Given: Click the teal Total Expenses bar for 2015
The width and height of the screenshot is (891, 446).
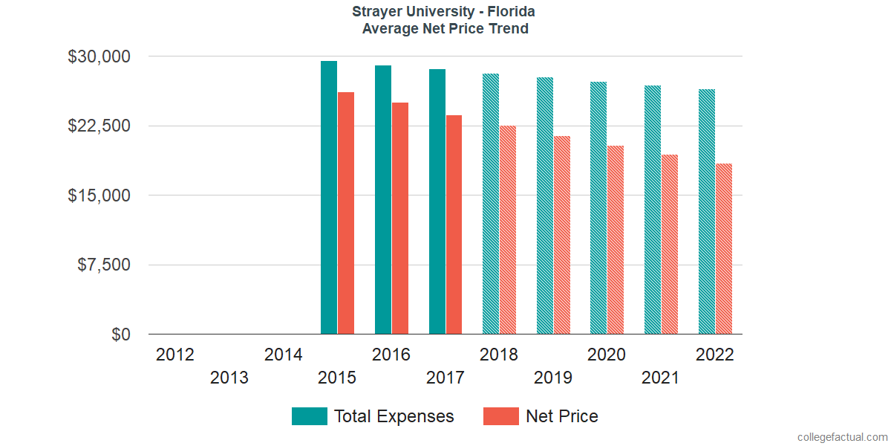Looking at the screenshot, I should pyautogui.click(x=329, y=198).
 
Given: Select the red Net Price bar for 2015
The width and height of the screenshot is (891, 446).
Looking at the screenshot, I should pyautogui.click(x=346, y=213).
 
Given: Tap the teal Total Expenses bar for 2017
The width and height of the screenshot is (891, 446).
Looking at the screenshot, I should pyautogui.click(x=437, y=201).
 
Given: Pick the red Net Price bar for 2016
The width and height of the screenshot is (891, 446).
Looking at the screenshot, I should pyautogui.click(x=400, y=219).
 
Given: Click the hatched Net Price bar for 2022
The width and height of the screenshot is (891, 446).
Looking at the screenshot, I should pyautogui.click(x=724, y=249).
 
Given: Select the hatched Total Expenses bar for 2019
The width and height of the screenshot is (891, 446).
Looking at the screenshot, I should pyautogui.click(x=545, y=206).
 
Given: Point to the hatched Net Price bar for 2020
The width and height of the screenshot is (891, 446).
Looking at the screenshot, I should pyautogui.click(x=616, y=240).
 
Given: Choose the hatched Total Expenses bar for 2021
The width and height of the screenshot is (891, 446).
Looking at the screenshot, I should pyautogui.click(x=653, y=210).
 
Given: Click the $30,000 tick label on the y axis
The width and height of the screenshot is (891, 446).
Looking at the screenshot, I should pyautogui.click(x=99, y=56).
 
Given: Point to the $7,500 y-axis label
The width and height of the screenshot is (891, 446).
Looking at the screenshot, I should pyautogui.click(x=104, y=265).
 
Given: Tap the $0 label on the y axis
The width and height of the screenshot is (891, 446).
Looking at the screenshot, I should pyautogui.click(x=121, y=334).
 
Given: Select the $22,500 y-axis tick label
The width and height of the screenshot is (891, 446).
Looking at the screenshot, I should pyautogui.click(x=99, y=126).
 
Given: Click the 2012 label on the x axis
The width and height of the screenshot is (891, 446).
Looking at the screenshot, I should pyautogui.click(x=175, y=355).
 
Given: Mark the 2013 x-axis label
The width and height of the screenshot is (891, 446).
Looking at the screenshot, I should pyautogui.click(x=229, y=378).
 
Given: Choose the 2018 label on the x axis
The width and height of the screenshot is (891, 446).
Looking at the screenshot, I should pyautogui.click(x=499, y=355).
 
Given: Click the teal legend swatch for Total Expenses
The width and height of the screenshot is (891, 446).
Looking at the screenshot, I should pyautogui.click(x=310, y=416).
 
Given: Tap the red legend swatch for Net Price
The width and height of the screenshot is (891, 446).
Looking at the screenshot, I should pyautogui.click(x=501, y=416).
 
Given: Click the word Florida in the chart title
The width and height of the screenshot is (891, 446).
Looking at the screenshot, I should pyautogui.click(x=512, y=12).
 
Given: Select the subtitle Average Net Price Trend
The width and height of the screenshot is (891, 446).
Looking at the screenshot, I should pyautogui.click(x=446, y=29).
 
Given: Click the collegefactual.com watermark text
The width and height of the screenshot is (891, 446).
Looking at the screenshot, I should pyautogui.click(x=841, y=436).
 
